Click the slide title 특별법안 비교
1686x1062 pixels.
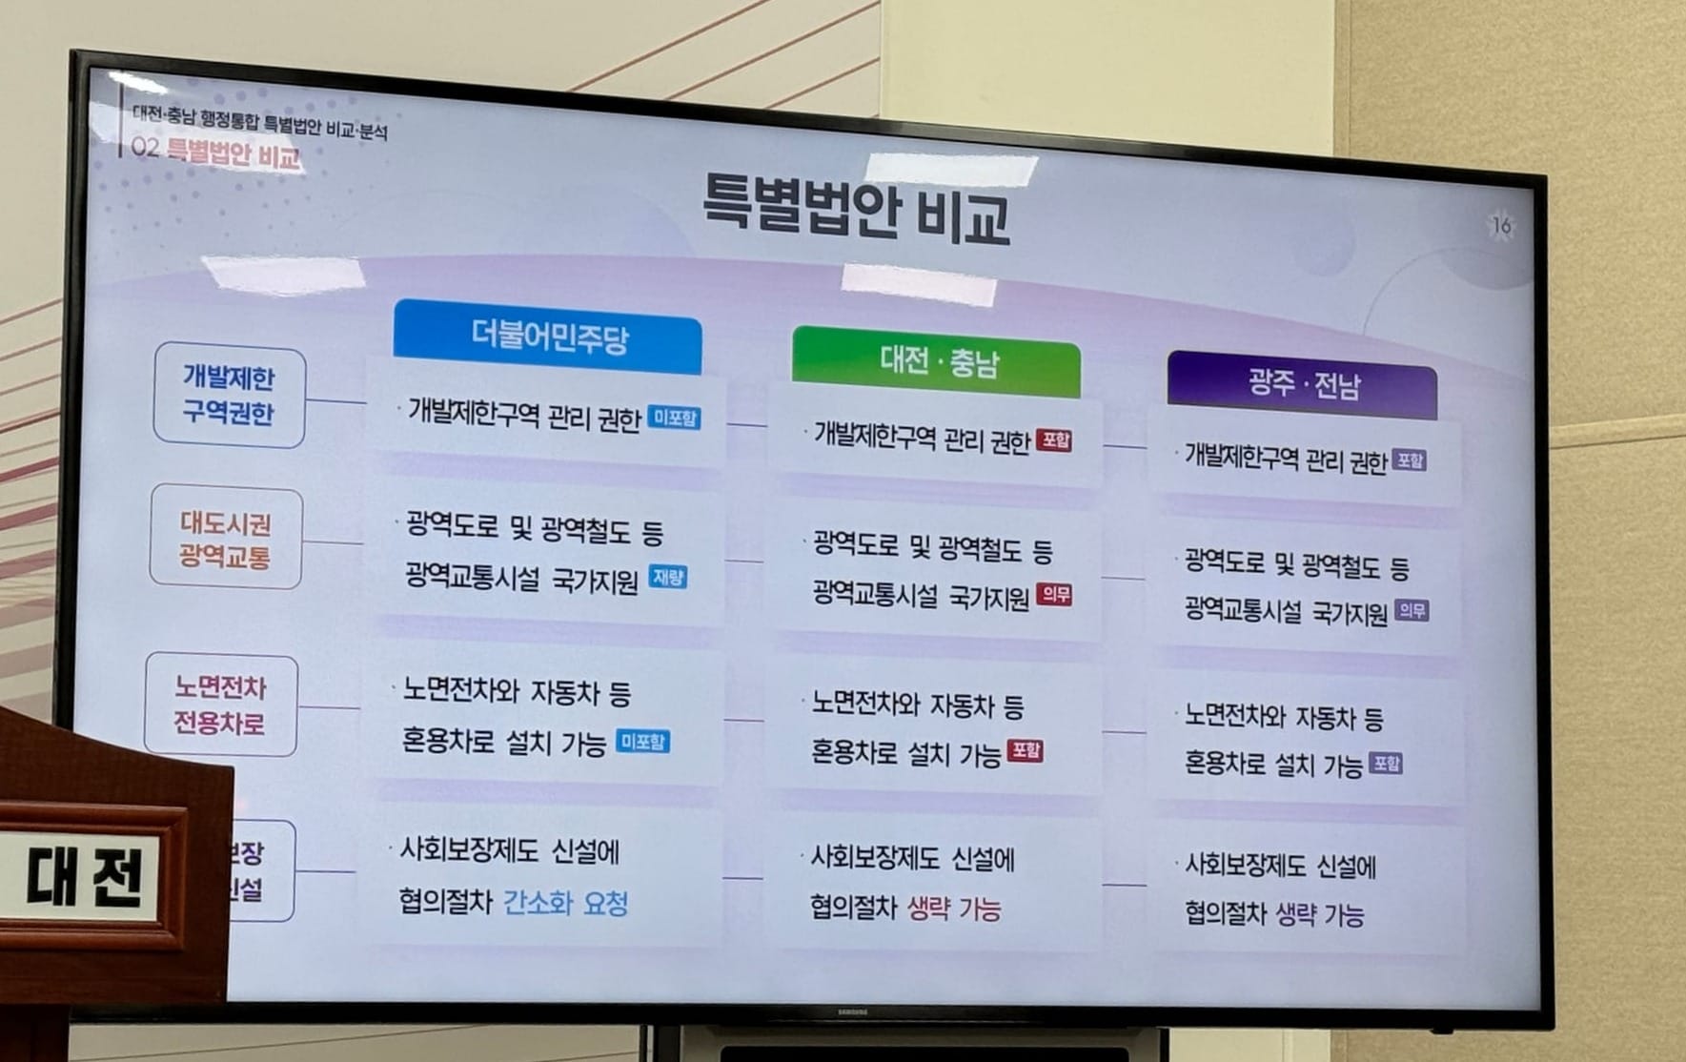pos(855,208)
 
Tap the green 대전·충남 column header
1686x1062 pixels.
pos(937,362)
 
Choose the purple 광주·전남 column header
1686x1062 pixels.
pos(1303,385)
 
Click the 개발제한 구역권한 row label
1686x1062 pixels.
pos(229,396)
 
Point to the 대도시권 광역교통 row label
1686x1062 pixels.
pos(226,540)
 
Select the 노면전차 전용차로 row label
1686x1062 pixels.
pos(220,705)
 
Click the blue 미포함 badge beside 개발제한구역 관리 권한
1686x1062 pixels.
pos(674,418)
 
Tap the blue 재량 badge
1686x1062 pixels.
pos(667,577)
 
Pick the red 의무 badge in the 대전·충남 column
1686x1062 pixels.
pos(1054,595)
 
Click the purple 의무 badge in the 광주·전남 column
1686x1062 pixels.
pos(1412,610)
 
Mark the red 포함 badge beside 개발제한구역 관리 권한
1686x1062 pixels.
pos(1054,440)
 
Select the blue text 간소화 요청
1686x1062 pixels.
pos(565,903)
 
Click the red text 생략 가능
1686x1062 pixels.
pos(954,909)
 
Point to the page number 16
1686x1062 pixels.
pos(1501,226)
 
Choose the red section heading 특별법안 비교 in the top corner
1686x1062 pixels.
pos(233,154)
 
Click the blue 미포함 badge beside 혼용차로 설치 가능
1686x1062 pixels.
pos(642,741)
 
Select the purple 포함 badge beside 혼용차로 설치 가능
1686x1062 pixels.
pos(1385,763)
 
